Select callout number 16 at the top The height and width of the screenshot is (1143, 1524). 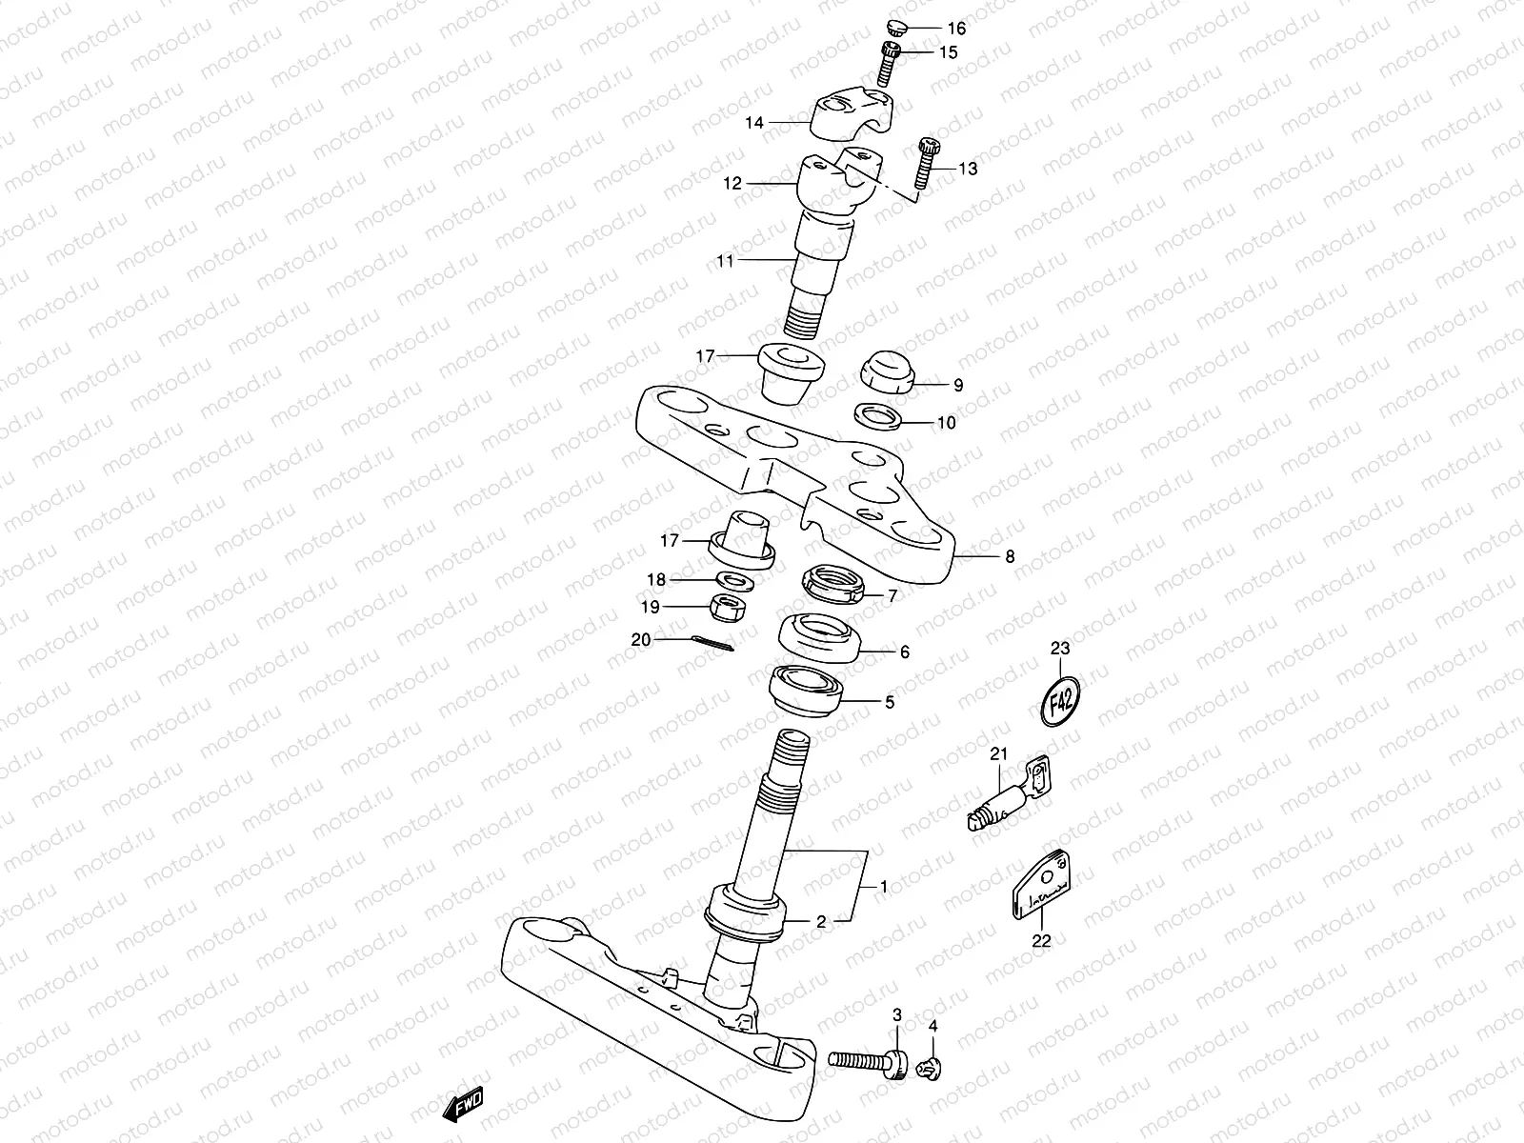tap(955, 29)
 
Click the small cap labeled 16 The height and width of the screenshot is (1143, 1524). tap(897, 26)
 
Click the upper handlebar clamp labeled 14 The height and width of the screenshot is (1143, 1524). tap(850, 111)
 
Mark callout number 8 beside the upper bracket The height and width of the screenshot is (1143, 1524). tap(1010, 556)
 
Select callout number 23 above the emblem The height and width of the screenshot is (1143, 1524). tap(1060, 648)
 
